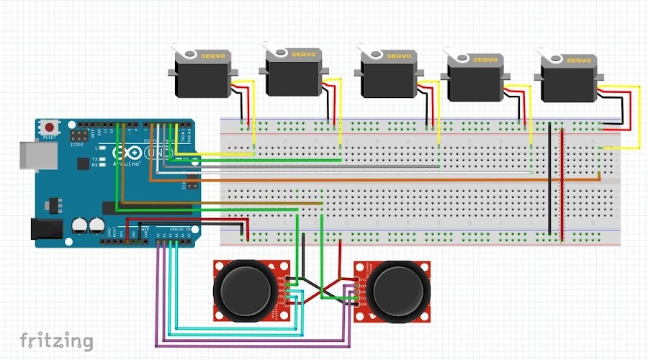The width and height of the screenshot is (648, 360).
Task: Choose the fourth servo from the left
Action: pyautogui.click(x=475, y=82)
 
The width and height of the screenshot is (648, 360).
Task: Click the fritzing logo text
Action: pyautogui.click(x=56, y=340)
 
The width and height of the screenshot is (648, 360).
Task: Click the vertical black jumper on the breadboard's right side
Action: pyautogui.click(x=550, y=180)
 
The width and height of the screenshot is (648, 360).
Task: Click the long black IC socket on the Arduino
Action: pyautogui.click(x=144, y=208)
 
